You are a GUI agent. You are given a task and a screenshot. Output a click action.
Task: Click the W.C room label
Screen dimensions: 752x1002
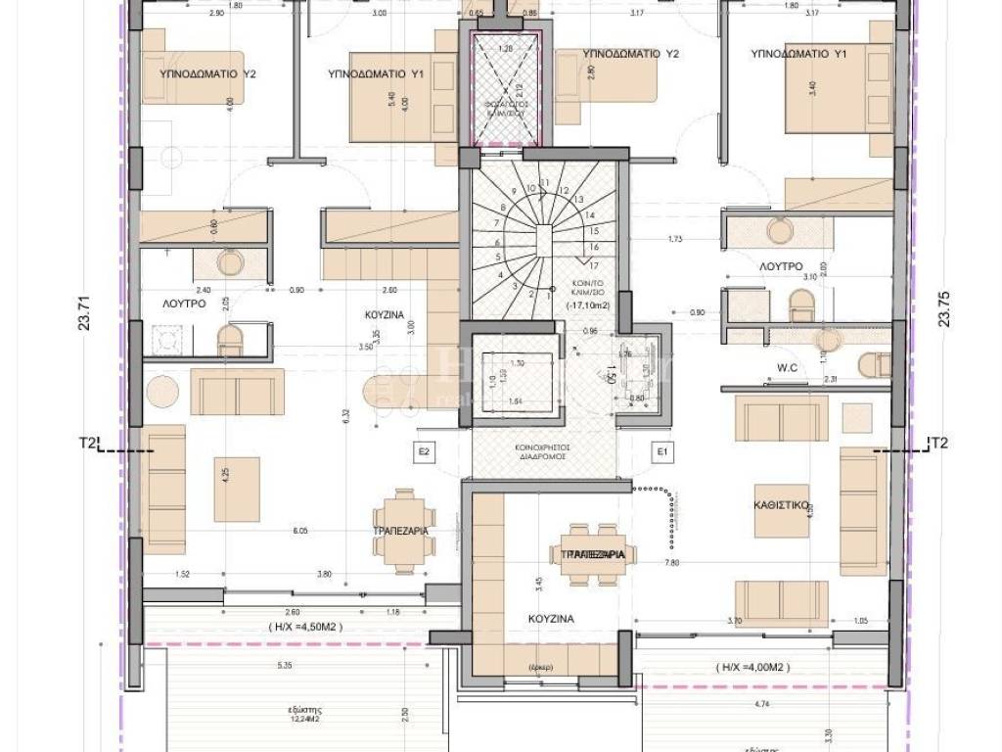pyautogui.click(x=762, y=369)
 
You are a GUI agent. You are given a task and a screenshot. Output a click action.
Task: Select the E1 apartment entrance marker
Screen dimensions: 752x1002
pyautogui.click(x=663, y=451)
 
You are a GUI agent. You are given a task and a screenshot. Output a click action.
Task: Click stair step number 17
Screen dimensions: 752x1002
pyautogui.click(x=593, y=263)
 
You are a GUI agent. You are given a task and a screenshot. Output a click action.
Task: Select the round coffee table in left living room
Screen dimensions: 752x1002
pyautogui.click(x=162, y=393)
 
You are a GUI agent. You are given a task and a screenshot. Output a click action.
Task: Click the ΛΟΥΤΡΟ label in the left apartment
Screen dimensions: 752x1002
pyautogui.click(x=183, y=305)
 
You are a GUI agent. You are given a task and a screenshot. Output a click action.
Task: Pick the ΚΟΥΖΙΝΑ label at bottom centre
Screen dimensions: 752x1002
pyautogui.click(x=553, y=619)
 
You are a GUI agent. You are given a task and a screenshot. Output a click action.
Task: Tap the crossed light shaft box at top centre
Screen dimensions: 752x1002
pyautogui.click(x=505, y=90)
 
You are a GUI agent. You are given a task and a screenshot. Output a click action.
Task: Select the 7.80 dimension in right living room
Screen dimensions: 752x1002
pyautogui.click(x=671, y=563)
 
